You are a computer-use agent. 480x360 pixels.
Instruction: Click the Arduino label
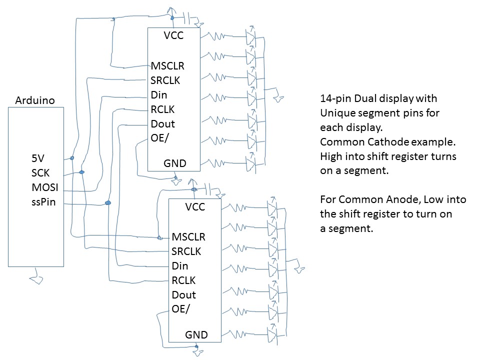click(x=35, y=101)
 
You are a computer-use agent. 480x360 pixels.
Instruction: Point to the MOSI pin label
click(x=44, y=187)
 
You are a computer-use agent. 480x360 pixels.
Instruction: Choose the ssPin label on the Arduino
click(x=44, y=202)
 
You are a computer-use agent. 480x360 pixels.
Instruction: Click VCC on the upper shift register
click(x=173, y=35)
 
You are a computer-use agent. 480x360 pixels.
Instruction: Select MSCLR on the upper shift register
click(x=167, y=65)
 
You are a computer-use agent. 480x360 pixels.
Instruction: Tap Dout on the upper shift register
click(x=162, y=123)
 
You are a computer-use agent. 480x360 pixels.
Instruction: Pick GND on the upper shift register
click(x=175, y=163)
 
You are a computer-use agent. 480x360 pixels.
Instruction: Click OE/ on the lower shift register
click(x=180, y=309)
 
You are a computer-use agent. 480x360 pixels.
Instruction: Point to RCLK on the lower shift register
click(x=183, y=280)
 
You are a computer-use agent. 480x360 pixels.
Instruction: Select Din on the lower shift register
click(x=180, y=266)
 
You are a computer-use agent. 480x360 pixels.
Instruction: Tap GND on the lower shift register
click(x=196, y=334)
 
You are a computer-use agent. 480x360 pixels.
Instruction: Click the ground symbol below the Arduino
click(x=35, y=273)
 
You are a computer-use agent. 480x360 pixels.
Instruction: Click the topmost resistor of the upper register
click(x=219, y=36)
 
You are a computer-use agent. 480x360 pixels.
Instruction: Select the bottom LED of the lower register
click(x=271, y=331)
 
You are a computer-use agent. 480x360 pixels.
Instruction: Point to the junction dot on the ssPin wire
click(x=107, y=202)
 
